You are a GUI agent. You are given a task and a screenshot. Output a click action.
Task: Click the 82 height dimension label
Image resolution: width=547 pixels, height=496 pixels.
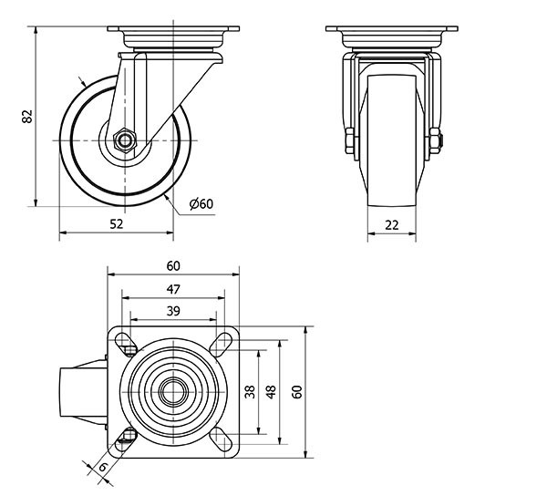(x=26, y=117)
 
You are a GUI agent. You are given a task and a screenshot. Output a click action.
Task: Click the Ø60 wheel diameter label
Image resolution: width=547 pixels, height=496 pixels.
(x=201, y=204)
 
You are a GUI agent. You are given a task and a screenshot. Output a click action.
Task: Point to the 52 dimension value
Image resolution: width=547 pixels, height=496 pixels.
(x=116, y=224)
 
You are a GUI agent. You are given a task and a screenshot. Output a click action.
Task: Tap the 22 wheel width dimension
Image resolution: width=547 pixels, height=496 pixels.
(x=392, y=224)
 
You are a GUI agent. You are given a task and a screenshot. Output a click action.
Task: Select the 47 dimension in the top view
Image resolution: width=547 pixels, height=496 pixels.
(x=173, y=289)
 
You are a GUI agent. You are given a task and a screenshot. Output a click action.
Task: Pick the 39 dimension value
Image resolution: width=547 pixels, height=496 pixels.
(x=173, y=311)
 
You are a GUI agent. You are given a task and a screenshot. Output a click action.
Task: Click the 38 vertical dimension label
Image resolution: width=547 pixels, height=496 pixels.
(x=250, y=392)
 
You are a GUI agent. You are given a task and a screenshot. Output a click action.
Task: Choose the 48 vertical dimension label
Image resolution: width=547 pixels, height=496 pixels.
(x=272, y=392)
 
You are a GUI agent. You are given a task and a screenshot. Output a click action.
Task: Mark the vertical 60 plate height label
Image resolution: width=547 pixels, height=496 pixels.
(x=296, y=392)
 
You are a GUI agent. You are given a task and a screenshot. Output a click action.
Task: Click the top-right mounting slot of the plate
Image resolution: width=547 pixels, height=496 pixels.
(x=222, y=346)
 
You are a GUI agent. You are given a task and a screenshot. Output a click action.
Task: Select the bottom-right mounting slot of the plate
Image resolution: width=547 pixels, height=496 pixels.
(x=222, y=439)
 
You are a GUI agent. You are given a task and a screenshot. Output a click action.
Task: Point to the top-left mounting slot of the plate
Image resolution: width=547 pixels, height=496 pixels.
(x=126, y=346)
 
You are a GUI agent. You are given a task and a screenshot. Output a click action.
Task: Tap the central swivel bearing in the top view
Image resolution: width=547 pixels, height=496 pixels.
(x=173, y=392)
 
